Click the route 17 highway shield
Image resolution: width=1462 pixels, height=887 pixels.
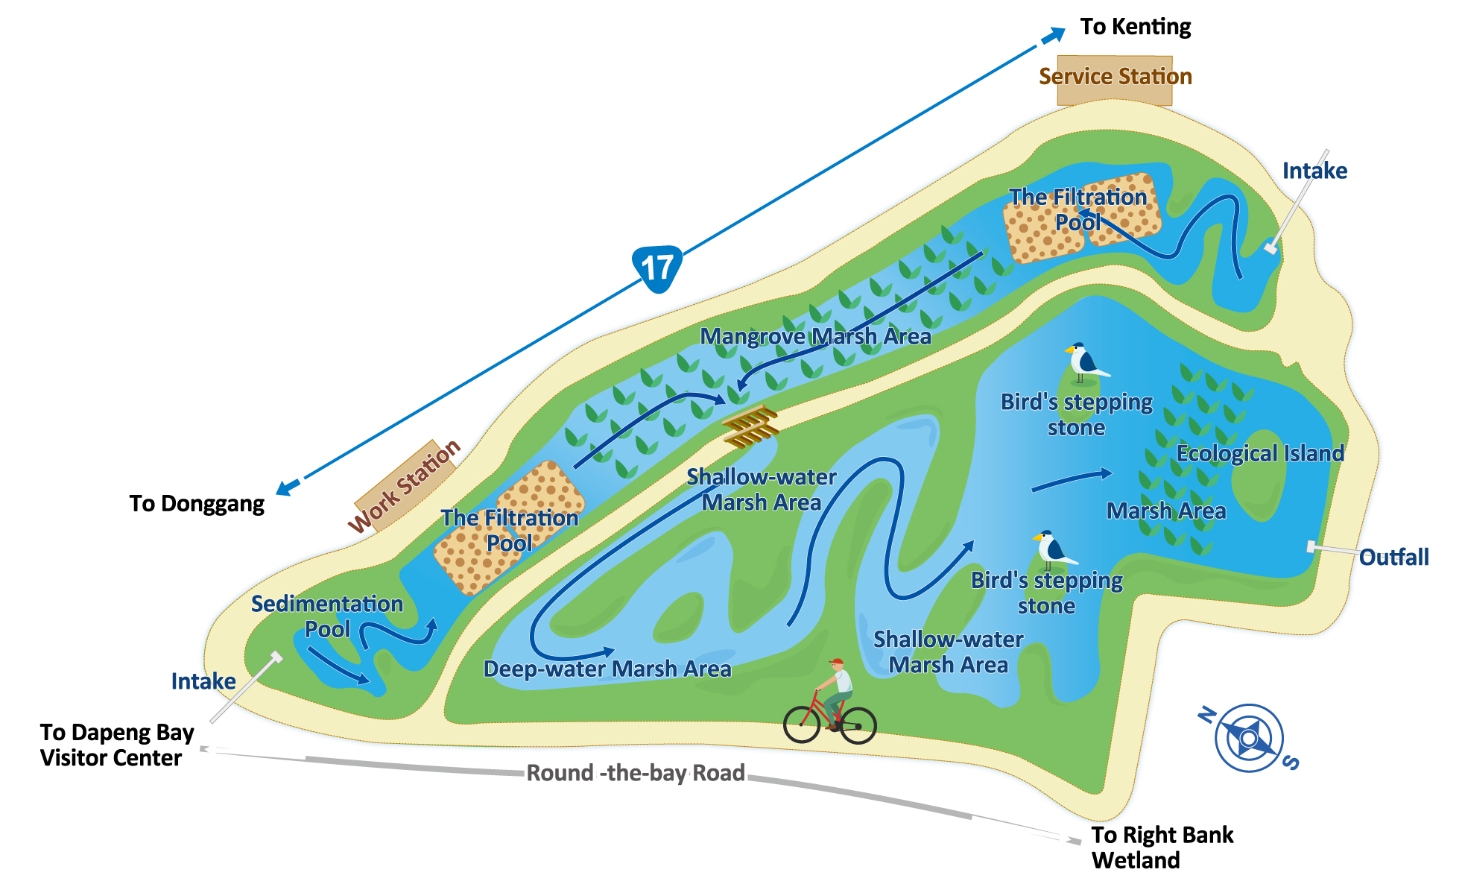pyautogui.click(x=657, y=268)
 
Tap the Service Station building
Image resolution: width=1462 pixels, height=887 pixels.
pyautogui.click(x=1115, y=79)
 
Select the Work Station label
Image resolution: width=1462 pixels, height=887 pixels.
pyautogui.click(x=405, y=485)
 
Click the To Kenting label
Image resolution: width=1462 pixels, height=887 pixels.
pyautogui.click(x=1135, y=27)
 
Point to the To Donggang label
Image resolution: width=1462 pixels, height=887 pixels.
pyautogui.click(x=197, y=504)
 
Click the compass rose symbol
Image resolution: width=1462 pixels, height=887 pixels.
pyautogui.click(x=1248, y=738)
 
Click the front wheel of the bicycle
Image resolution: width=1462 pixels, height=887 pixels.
pyautogui.click(x=802, y=724)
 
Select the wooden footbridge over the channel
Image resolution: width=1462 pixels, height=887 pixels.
pyautogui.click(x=751, y=426)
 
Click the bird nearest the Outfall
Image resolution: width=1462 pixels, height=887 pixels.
pyautogui.click(x=1052, y=549)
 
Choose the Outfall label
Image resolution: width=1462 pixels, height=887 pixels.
pyautogui.click(x=1393, y=558)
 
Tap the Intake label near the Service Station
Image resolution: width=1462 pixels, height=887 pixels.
pyautogui.click(x=1314, y=171)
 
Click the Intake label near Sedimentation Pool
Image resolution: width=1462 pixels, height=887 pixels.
pyautogui.click(x=203, y=681)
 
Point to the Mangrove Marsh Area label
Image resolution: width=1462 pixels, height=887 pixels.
pyautogui.click(x=815, y=337)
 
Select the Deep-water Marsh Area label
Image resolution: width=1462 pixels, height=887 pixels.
pyautogui.click(x=607, y=669)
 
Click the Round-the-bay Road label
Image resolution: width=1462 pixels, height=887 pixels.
pyautogui.click(x=636, y=773)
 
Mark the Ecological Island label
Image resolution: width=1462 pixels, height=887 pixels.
pyautogui.click(x=1260, y=453)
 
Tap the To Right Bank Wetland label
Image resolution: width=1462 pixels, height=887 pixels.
pyautogui.click(x=1162, y=847)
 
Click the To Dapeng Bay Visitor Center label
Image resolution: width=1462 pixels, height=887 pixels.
pyautogui.click(x=117, y=745)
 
